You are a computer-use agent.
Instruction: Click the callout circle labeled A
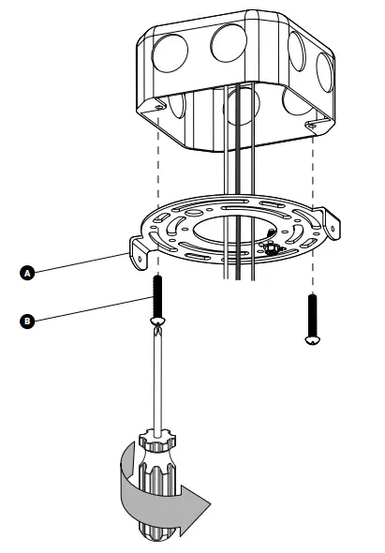click(x=28, y=273)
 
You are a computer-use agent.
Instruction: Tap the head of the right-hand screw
click(x=311, y=341)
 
